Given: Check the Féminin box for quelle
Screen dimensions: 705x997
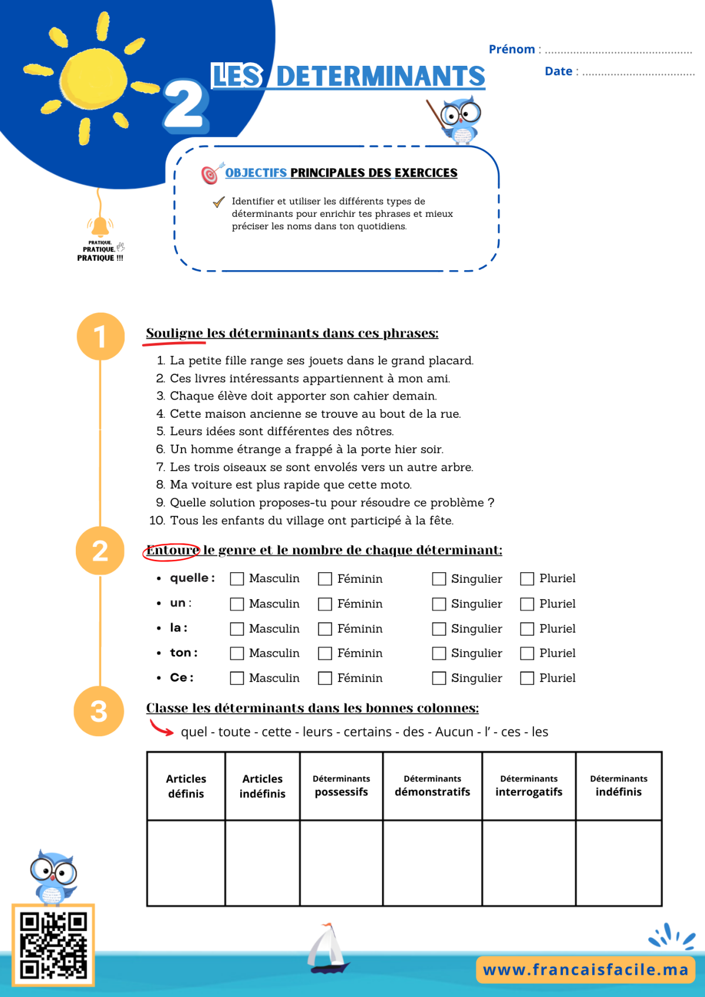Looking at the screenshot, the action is click(x=325, y=579).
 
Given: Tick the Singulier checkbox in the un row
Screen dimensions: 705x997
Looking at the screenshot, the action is click(x=439, y=604).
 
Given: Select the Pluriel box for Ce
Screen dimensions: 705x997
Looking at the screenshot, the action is click(x=527, y=678).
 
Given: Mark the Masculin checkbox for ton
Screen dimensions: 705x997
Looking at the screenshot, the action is click(x=237, y=653).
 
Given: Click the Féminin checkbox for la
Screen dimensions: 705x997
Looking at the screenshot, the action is click(x=325, y=629).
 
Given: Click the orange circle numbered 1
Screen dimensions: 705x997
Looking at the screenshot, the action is click(x=100, y=337).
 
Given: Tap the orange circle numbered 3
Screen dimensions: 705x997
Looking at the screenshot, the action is click(x=99, y=711).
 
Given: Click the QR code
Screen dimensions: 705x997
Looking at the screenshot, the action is click(x=53, y=945).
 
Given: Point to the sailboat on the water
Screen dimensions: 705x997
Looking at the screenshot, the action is click(x=328, y=948).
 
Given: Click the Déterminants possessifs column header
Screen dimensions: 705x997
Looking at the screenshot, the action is click(x=341, y=786).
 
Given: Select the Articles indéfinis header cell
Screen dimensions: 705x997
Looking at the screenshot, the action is click(x=263, y=786).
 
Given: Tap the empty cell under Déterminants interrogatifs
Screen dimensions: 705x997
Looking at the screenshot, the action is click(x=529, y=862).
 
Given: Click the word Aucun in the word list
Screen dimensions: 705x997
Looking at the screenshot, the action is click(x=454, y=732).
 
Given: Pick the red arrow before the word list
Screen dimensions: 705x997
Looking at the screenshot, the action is click(x=161, y=728).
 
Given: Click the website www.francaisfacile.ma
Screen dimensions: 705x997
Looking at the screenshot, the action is click(x=586, y=970).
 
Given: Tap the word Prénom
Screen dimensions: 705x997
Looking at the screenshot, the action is click(x=512, y=49).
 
